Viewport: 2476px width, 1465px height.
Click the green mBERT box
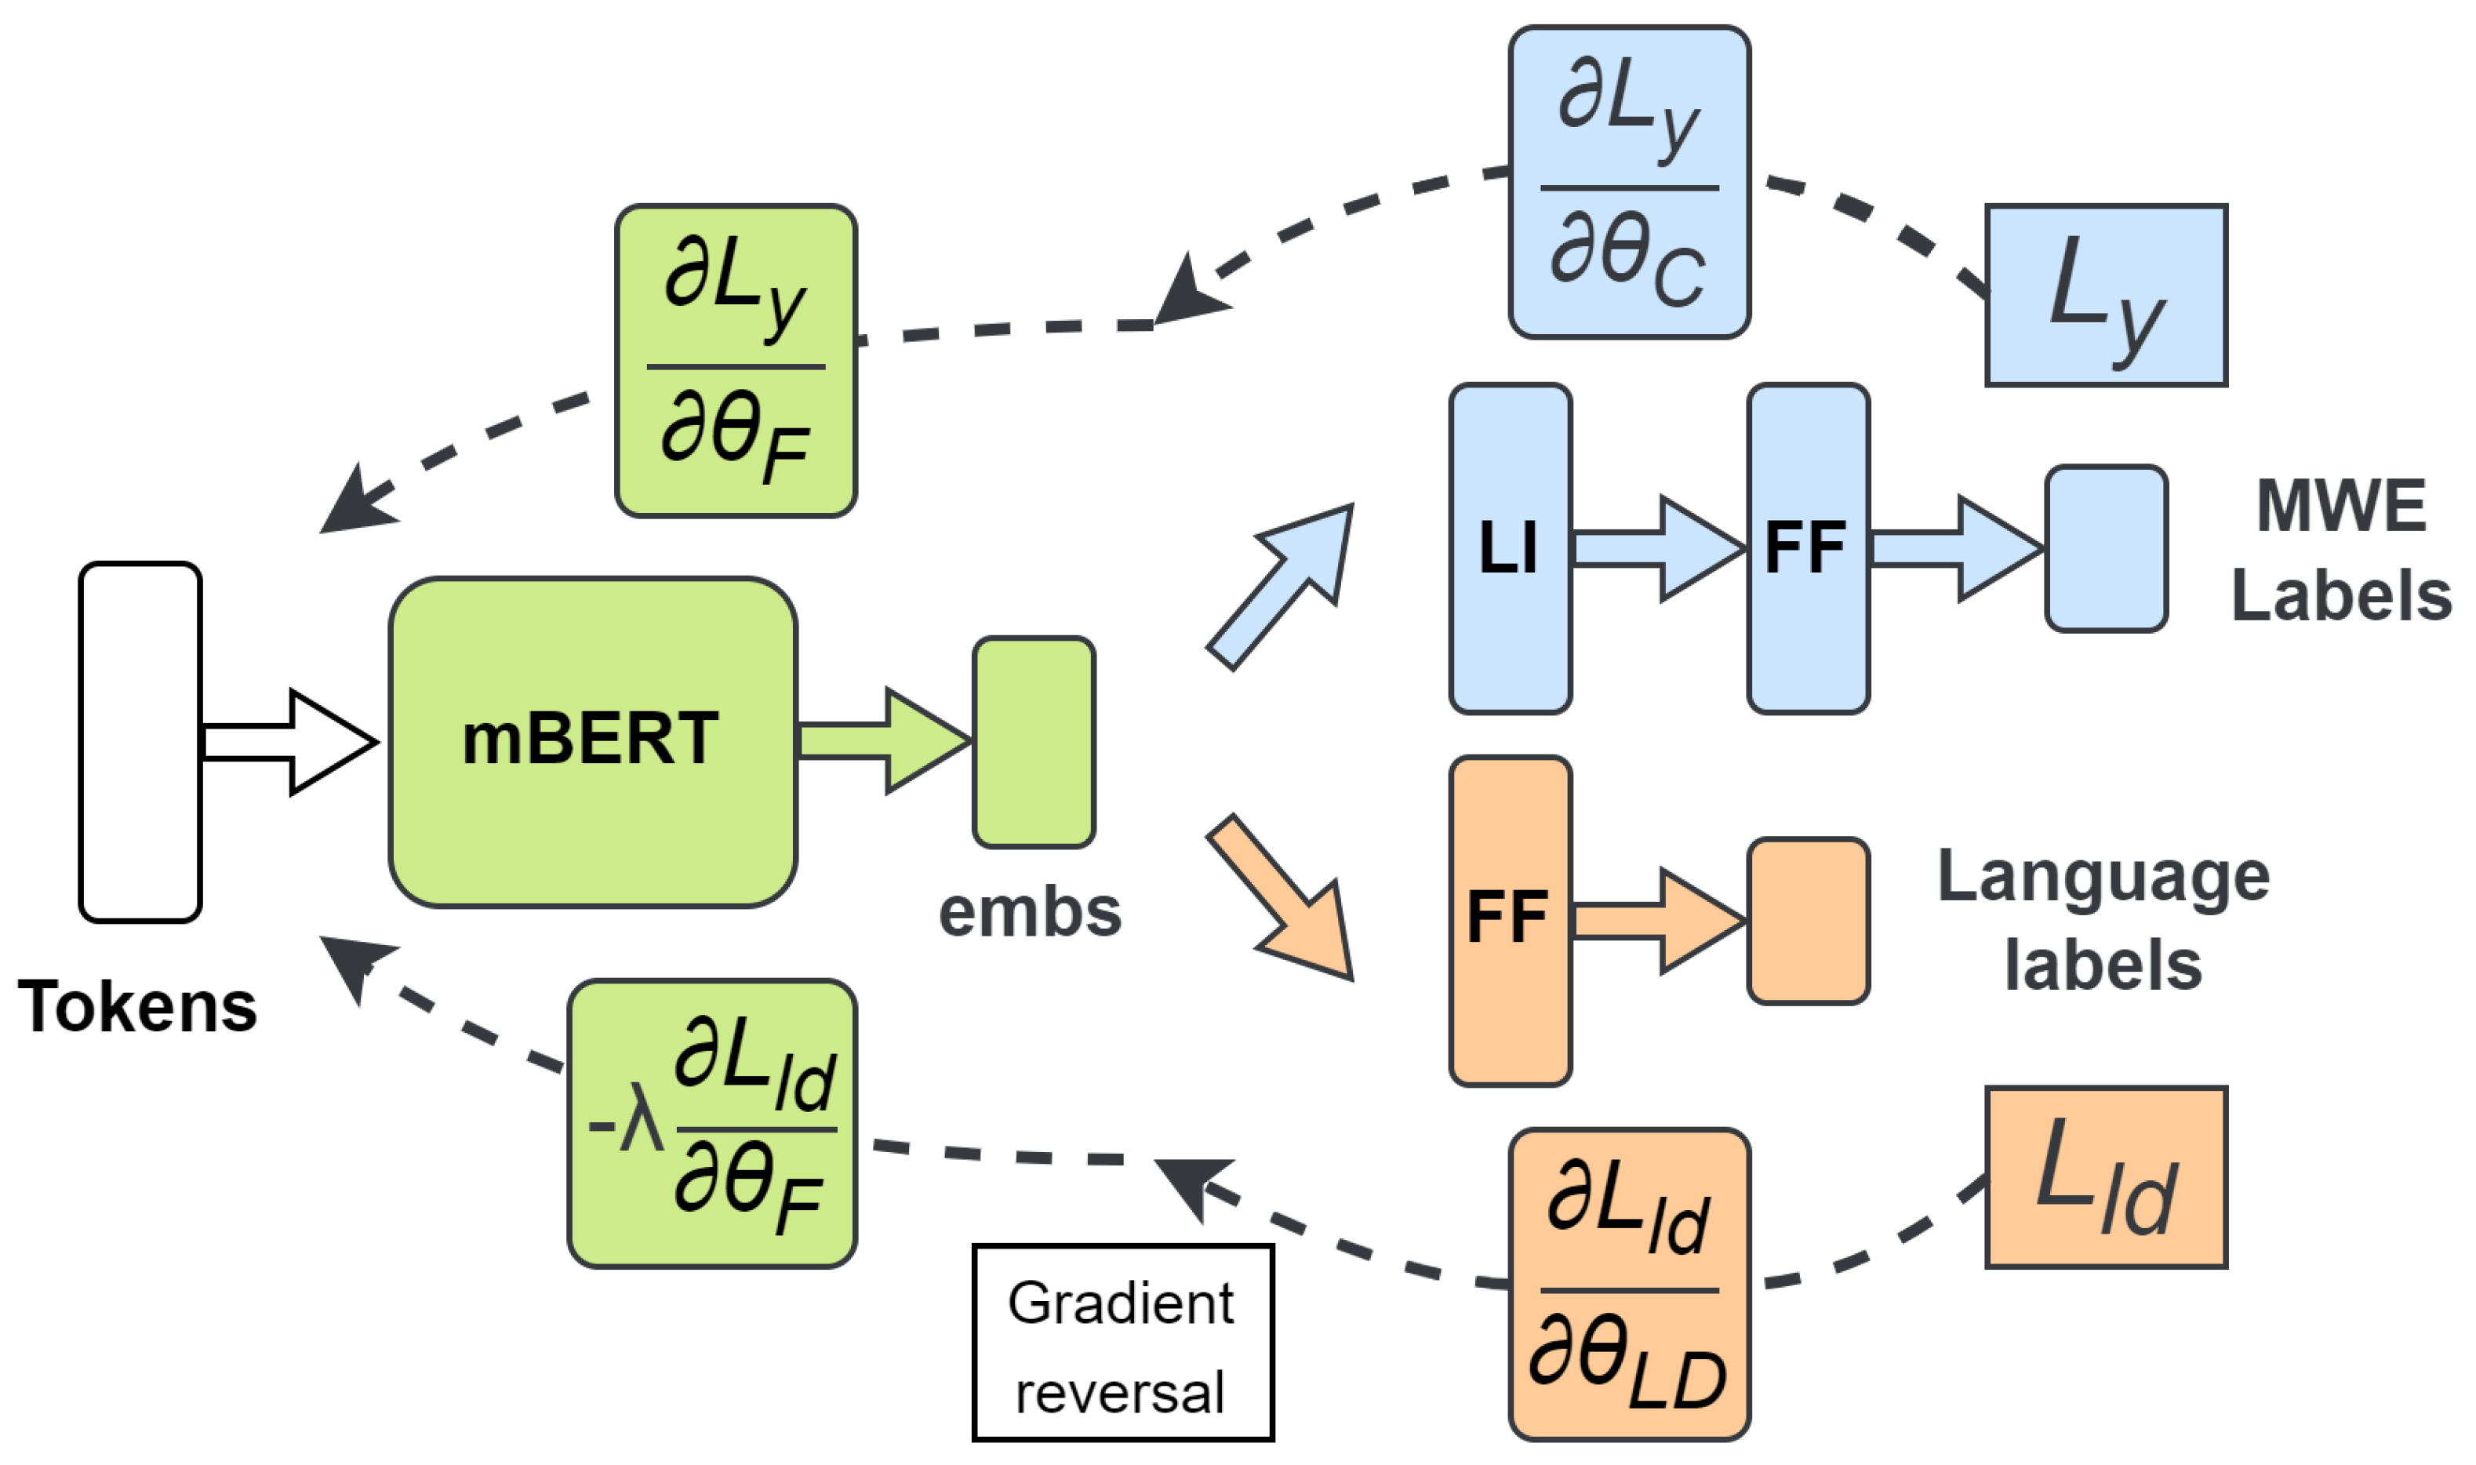point(592,741)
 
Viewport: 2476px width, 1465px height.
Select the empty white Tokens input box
point(140,741)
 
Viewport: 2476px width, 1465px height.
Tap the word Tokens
point(137,1007)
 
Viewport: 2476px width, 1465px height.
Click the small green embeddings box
point(1034,741)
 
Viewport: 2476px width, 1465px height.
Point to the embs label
point(1030,912)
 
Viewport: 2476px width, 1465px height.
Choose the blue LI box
point(1510,549)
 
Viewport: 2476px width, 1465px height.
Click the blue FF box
point(1808,549)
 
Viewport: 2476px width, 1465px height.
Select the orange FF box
point(1510,921)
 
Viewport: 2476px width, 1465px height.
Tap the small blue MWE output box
point(2106,549)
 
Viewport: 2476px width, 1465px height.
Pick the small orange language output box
point(1808,921)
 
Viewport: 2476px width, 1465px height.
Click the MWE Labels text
point(2341,550)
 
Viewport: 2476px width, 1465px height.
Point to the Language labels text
point(2103,920)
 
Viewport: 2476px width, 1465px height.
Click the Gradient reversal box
point(1122,1343)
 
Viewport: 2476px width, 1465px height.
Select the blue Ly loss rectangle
point(2106,295)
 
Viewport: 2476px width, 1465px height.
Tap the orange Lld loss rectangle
point(2106,1176)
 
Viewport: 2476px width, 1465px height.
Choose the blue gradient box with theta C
point(1629,183)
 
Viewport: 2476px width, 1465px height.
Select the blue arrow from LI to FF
point(1659,549)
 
